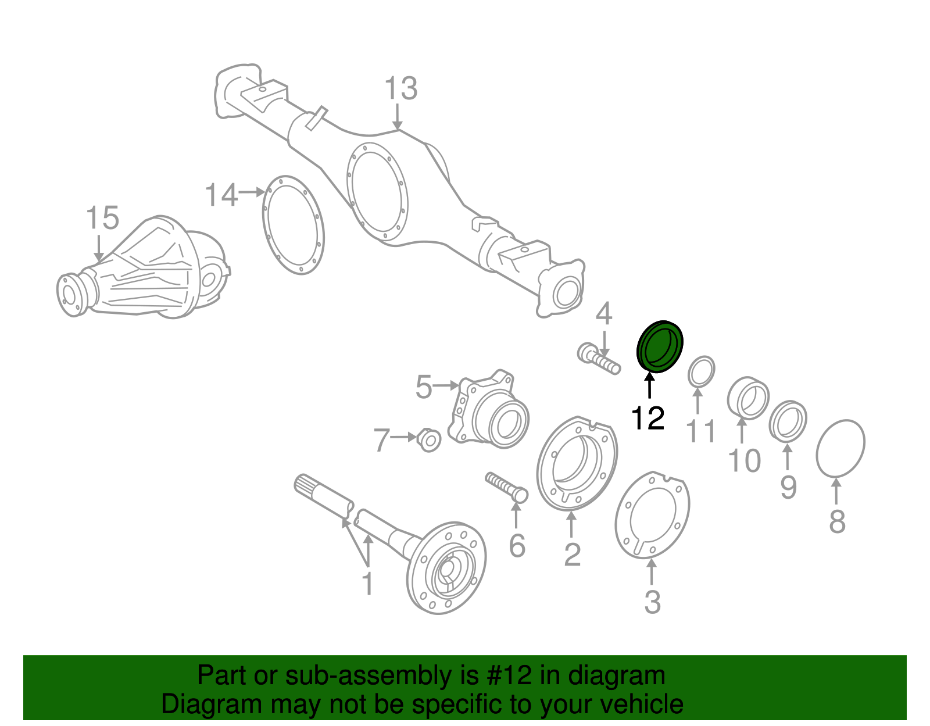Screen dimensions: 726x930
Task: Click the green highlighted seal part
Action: [x=660, y=346]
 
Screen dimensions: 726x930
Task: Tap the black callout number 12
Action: [x=648, y=419]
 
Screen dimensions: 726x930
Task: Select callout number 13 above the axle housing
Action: [x=401, y=89]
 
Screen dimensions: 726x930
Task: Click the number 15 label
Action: [x=102, y=218]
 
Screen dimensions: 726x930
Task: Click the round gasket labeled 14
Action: [x=293, y=225]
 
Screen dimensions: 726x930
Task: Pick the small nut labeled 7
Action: [x=429, y=441]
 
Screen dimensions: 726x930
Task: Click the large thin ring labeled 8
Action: [x=840, y=448]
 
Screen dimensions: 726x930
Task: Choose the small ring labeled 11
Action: [x=702, y=372]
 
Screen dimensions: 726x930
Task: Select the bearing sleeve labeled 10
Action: [x=748, y=398]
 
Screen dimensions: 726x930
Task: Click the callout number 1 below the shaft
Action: [x=367, y=583]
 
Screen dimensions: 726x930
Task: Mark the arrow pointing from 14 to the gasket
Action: [x=253, y=192]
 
